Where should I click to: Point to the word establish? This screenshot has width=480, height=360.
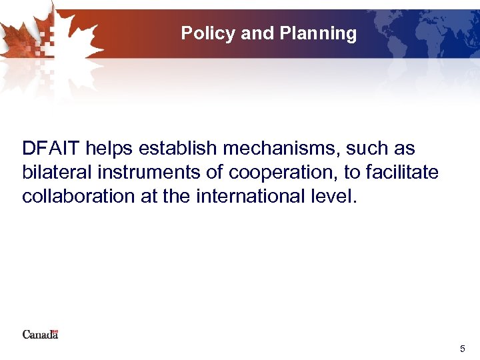tap(178, 148)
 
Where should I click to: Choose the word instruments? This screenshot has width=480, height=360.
tap(149, 173)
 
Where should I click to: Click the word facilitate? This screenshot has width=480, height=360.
tap(403, 173)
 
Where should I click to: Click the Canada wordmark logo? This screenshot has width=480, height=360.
tap(40, 334)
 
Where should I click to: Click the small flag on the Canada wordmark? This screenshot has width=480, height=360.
tap(55, 330)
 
